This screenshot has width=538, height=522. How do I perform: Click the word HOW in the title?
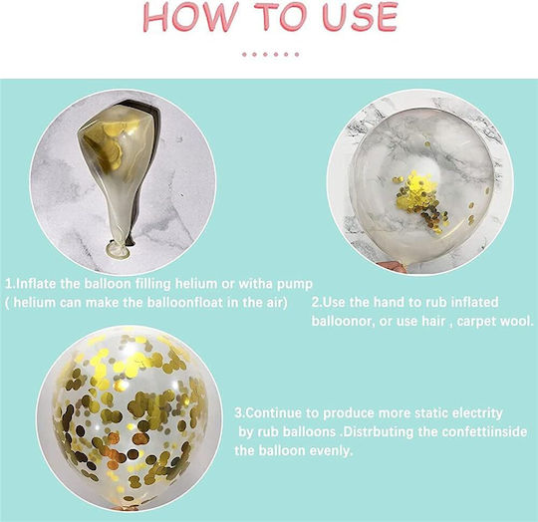tap(190, 17)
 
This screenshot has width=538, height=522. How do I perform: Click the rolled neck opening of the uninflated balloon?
tap(118, 249)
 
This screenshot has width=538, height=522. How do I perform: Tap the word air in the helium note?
tap(276, 303)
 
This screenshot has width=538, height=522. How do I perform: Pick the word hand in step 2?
tap(390, 302)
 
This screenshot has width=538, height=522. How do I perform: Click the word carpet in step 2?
tap(476, 322)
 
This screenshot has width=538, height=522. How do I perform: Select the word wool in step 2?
tap(516, 322)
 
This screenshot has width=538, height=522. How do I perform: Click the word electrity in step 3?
tap(477, 413)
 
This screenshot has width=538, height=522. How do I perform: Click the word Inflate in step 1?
tap(36, 284)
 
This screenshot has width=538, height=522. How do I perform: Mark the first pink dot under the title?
tap(244, 54)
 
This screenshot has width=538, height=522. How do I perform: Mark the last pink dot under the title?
tap(297, 54)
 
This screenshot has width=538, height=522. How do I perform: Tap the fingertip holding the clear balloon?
tap(393, 266)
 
